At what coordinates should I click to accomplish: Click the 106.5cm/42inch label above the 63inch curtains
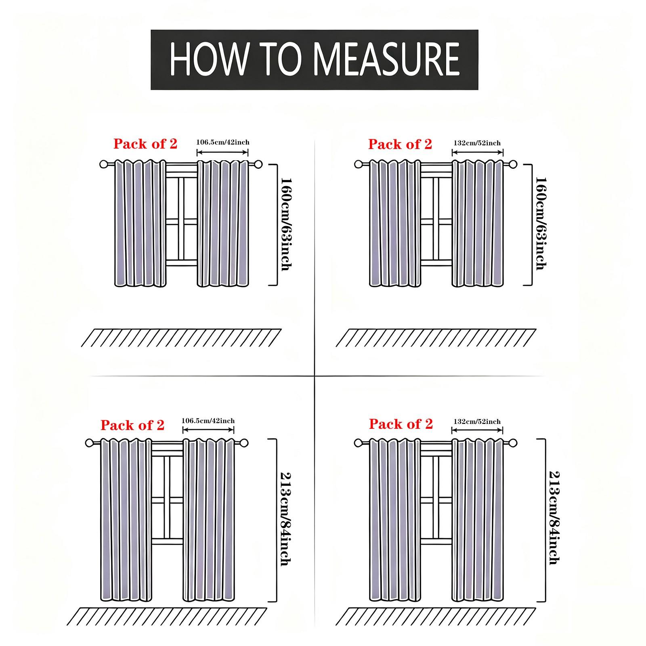[223, 142]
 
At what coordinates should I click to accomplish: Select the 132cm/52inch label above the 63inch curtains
[477, 143]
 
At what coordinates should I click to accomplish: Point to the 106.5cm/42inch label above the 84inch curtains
[208, 420]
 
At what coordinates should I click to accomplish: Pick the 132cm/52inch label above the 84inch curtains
[477, 421]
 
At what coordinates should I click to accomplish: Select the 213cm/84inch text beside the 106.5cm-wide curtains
[285, 519]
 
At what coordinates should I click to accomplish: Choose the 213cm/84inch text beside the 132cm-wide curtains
[554, 518]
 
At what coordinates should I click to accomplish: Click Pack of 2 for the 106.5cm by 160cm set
[145, 144]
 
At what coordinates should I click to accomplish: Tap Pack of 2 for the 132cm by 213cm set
[401, 424]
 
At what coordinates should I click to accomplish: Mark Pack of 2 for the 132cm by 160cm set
[400, 144]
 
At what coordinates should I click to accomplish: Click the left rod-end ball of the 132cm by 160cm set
[358, 164]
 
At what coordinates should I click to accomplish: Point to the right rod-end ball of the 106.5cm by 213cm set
[244, 443]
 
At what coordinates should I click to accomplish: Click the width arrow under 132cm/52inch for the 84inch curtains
[477, 430]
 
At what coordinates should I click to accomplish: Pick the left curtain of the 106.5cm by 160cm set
[140, 223]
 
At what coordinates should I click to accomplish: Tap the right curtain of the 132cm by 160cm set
[478, 223]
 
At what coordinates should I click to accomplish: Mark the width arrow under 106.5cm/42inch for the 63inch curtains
[222, 152]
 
